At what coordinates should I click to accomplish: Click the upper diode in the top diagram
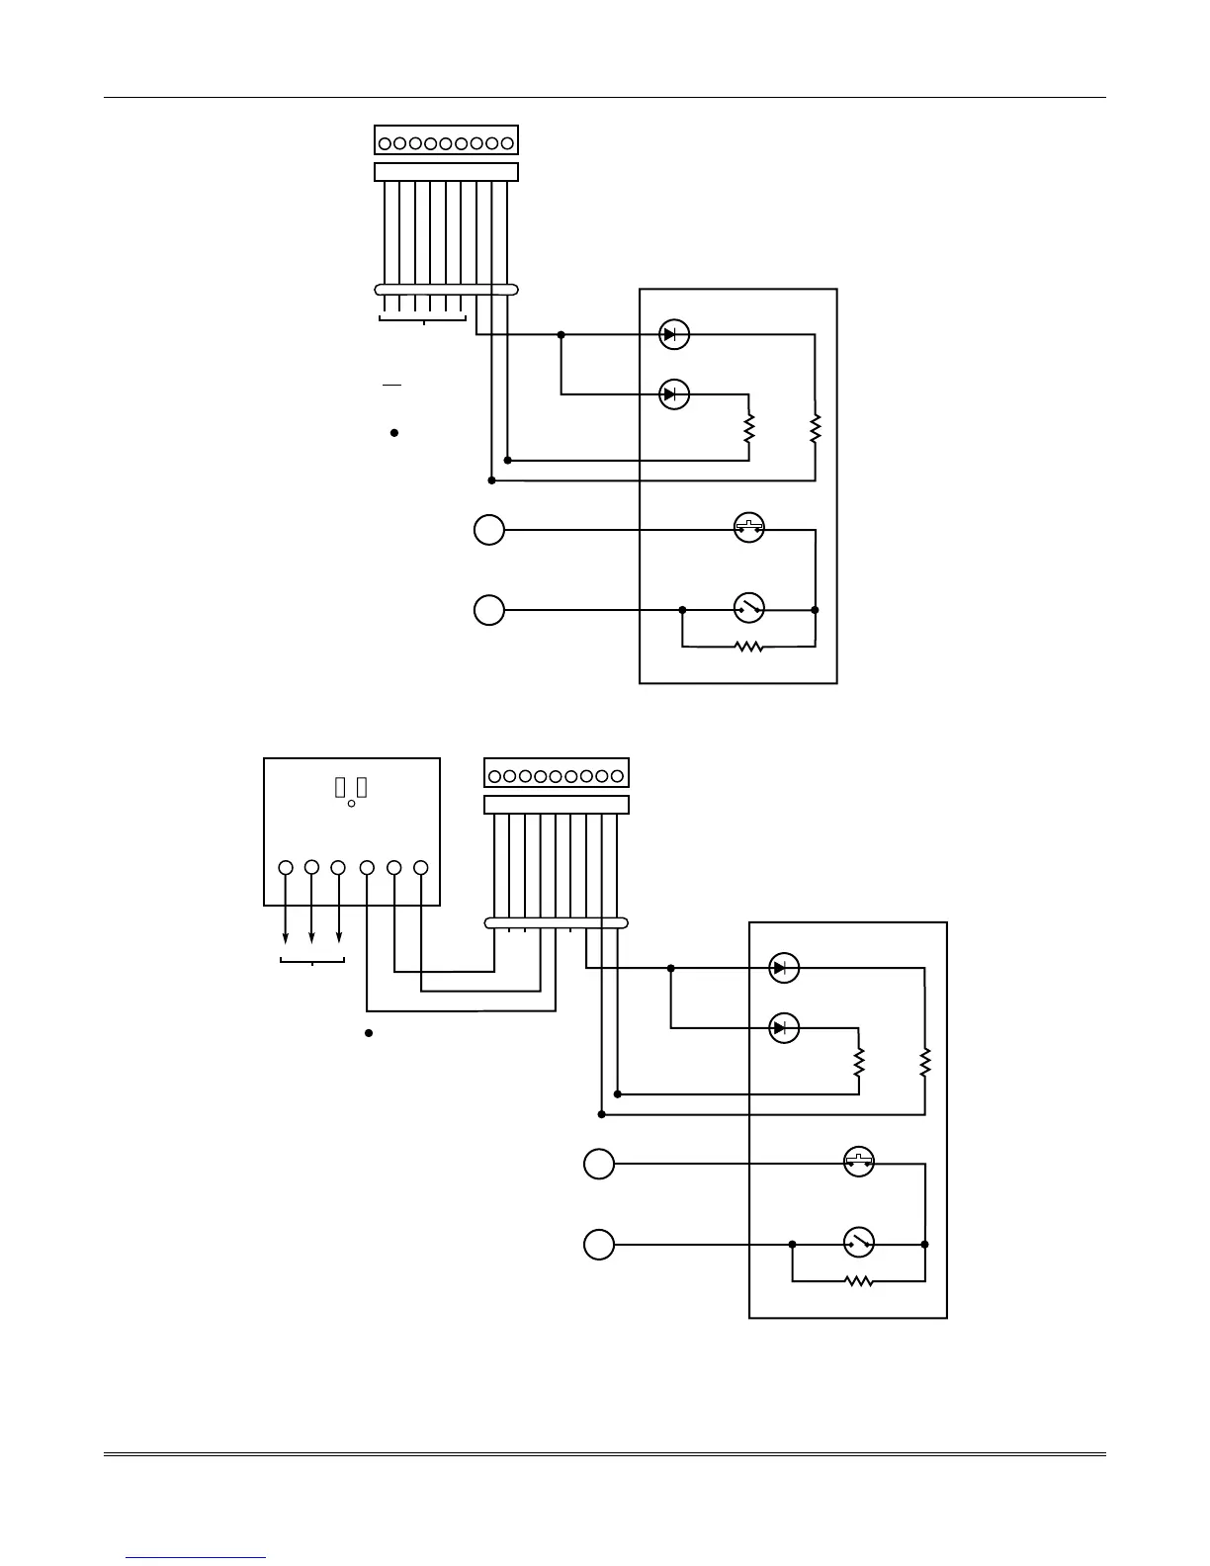pyautogui.click(x=674, y=335)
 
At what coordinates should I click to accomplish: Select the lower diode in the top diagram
pyautogui.click(x=674, y=394)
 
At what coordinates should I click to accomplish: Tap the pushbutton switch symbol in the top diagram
pyautogui.click(x=749, y=529)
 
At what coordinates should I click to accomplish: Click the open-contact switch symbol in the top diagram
pyautogui.click(x=749, y=608)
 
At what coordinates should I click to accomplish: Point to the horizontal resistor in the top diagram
pyautogui.click(x=749, y=647)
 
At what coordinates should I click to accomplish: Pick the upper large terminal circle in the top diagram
pyautogui.click(x=488, y=531)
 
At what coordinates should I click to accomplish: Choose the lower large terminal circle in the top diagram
pyautogui.click(x=488, y=610)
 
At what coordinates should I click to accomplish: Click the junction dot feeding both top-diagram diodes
pyautogui.click(x=562, y=335)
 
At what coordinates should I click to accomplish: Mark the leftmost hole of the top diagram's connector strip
pyautogui.click(x=385, y=143)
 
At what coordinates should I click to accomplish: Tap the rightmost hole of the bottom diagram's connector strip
pyautogui.click(x=618, y=776)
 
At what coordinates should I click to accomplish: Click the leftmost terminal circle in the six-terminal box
pyautogui.click(x=286, y=867)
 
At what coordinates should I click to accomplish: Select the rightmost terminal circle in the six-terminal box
pyautogui.click(x=420, y=867)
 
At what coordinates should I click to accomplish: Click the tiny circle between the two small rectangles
pyautogui.click(x=352, y=804)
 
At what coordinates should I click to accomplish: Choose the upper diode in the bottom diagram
pyautogui.click(x=784, y=968)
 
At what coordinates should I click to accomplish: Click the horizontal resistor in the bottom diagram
pyautogui.click(x=859, y=1281)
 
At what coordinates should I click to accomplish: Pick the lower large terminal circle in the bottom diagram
pyautogui.click(x=598, y=1244)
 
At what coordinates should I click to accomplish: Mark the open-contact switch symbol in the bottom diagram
pyautogui.click(x=859, y=1242)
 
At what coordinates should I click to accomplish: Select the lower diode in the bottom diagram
pyautogui.click(x=784, y=1028)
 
